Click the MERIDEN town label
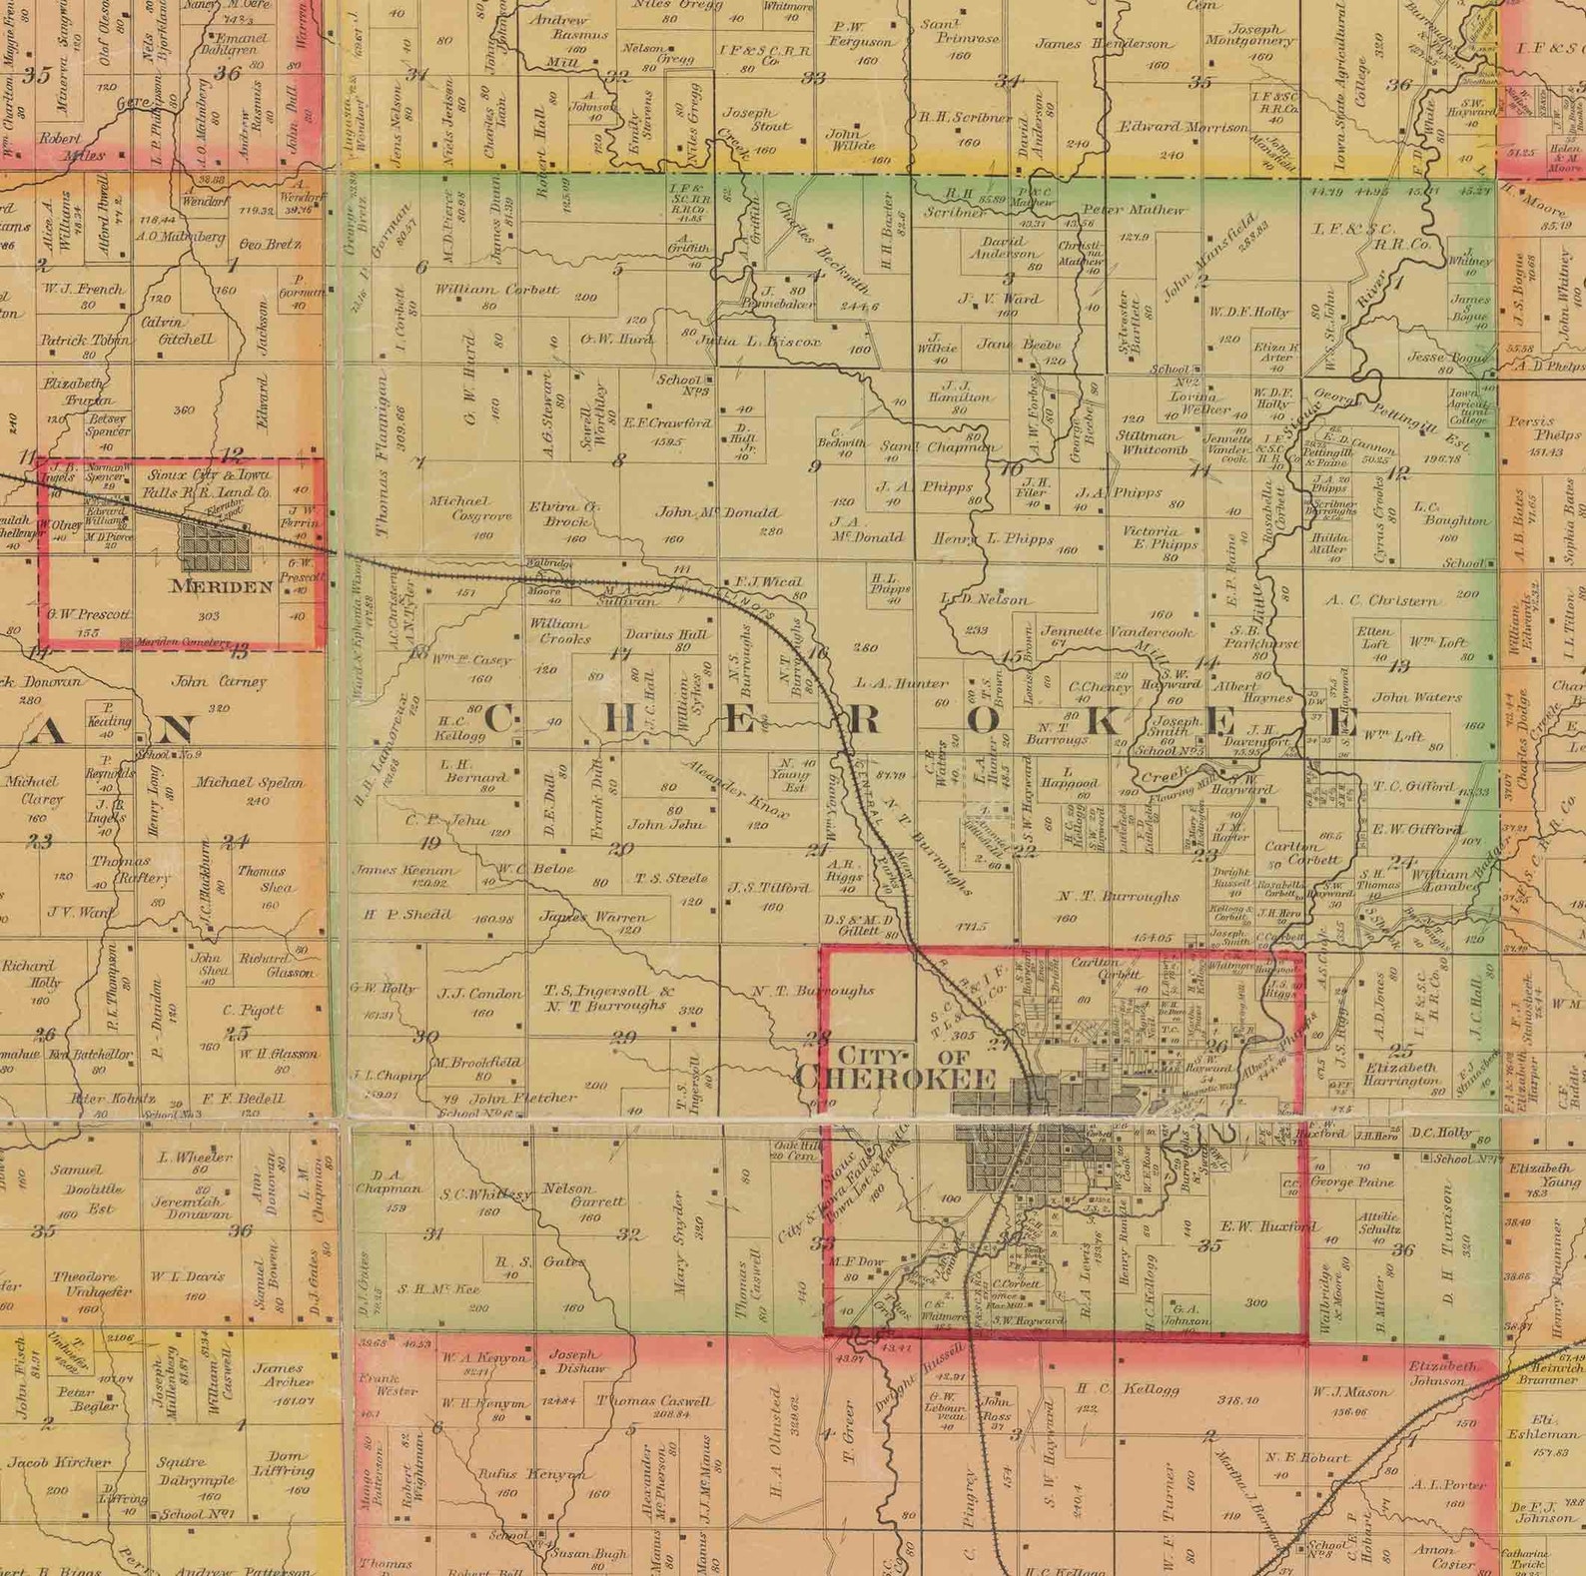(x=222, y=586)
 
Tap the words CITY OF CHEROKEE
(x=896, y=1068)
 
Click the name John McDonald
(x=716, y=512)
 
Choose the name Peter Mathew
(x=1133, y=211)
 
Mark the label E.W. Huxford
(x=1268, y=1226)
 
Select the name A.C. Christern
(x=1383, y=600)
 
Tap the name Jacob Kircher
(x=59, y=1462)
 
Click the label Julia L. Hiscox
(x=756, y=342)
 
